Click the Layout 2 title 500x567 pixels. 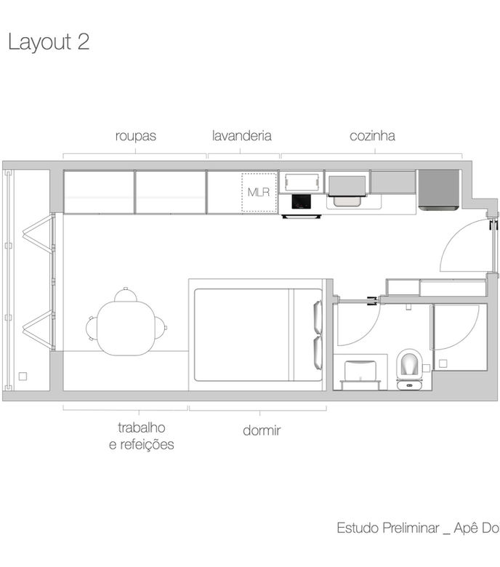(49, 42)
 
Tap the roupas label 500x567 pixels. (136, 136)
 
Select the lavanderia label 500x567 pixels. (241, 136)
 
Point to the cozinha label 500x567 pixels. (372, 136)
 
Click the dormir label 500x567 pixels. (262, 430)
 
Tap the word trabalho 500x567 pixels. (142, 427)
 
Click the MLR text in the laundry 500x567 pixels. (259, 192)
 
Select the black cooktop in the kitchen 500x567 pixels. (301, 201)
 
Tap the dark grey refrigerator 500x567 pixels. (439, 190)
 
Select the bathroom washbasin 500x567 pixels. (360, 372)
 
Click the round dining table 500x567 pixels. (126, 328)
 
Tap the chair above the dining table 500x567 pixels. (126, 294)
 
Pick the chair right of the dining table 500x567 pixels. (161, 328)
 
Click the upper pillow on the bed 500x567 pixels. (318, 316)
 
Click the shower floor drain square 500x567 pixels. (443, 363)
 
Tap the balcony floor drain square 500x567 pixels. (23, 377)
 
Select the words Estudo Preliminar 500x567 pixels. (388, 528)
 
